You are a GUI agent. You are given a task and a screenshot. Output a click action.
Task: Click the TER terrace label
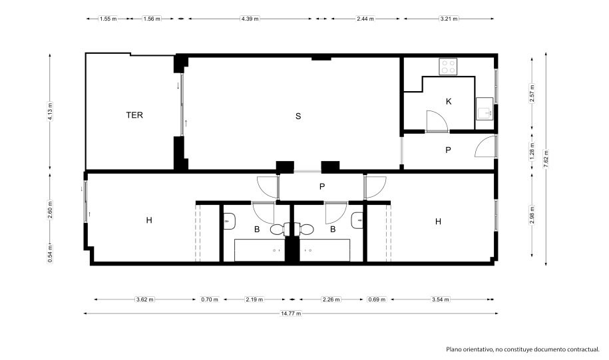134,115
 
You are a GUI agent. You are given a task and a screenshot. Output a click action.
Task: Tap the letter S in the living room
298,116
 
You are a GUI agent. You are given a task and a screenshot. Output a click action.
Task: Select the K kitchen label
449,101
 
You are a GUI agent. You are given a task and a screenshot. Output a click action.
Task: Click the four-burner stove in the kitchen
449,67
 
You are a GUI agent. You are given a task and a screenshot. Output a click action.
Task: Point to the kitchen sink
485,108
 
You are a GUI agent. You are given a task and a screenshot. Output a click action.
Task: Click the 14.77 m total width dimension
291,313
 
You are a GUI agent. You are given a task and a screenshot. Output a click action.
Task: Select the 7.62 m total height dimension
546,159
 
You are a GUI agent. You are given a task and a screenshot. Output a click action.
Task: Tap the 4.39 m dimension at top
250,19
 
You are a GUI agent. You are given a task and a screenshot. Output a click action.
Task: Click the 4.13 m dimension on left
50,111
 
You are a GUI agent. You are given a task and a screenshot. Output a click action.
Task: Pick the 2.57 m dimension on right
532,94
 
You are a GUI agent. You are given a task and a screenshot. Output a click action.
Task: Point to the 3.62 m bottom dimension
145,299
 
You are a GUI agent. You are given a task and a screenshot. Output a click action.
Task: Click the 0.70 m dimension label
210,299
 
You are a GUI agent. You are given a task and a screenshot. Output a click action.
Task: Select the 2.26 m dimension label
331,299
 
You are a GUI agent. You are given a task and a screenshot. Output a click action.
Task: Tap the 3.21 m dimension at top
449,19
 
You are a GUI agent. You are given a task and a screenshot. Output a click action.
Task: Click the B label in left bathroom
257,230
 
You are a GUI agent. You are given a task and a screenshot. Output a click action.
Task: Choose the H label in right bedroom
438,222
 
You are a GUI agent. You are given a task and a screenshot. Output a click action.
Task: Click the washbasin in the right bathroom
357,221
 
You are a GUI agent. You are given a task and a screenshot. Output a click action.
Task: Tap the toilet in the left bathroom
278,230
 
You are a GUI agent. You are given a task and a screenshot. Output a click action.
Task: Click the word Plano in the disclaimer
453,349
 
